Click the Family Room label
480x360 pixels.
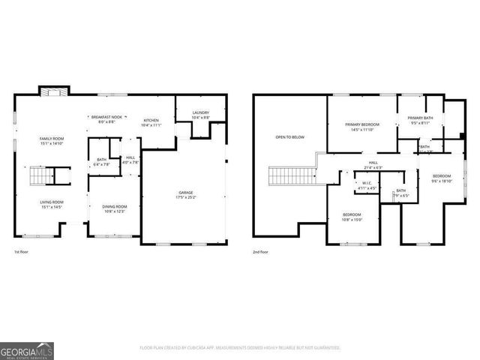[x=52, y=141]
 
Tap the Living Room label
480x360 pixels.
[x=52, y=204]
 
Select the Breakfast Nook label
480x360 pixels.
[x=106, y=119]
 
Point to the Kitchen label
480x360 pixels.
[x=151, y=122]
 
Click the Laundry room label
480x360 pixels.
[x=200, y=115]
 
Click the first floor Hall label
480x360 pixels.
[x=130, y=160]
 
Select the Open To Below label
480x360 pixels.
[x=289, y=137]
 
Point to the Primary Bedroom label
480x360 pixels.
[x=361, y=126]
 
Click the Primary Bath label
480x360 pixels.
[x=421, y=120]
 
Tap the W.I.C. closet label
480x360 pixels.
[x=367, y=185]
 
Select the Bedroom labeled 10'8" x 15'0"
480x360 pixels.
[x=352, y=217]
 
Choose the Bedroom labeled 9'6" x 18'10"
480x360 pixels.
[x=442, y=177]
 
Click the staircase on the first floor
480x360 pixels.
[x=40, y=177]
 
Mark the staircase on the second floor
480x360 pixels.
[x=285, y=177]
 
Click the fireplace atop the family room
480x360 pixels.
[x=53, y=91]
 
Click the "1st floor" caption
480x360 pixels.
[x=22, y=253]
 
